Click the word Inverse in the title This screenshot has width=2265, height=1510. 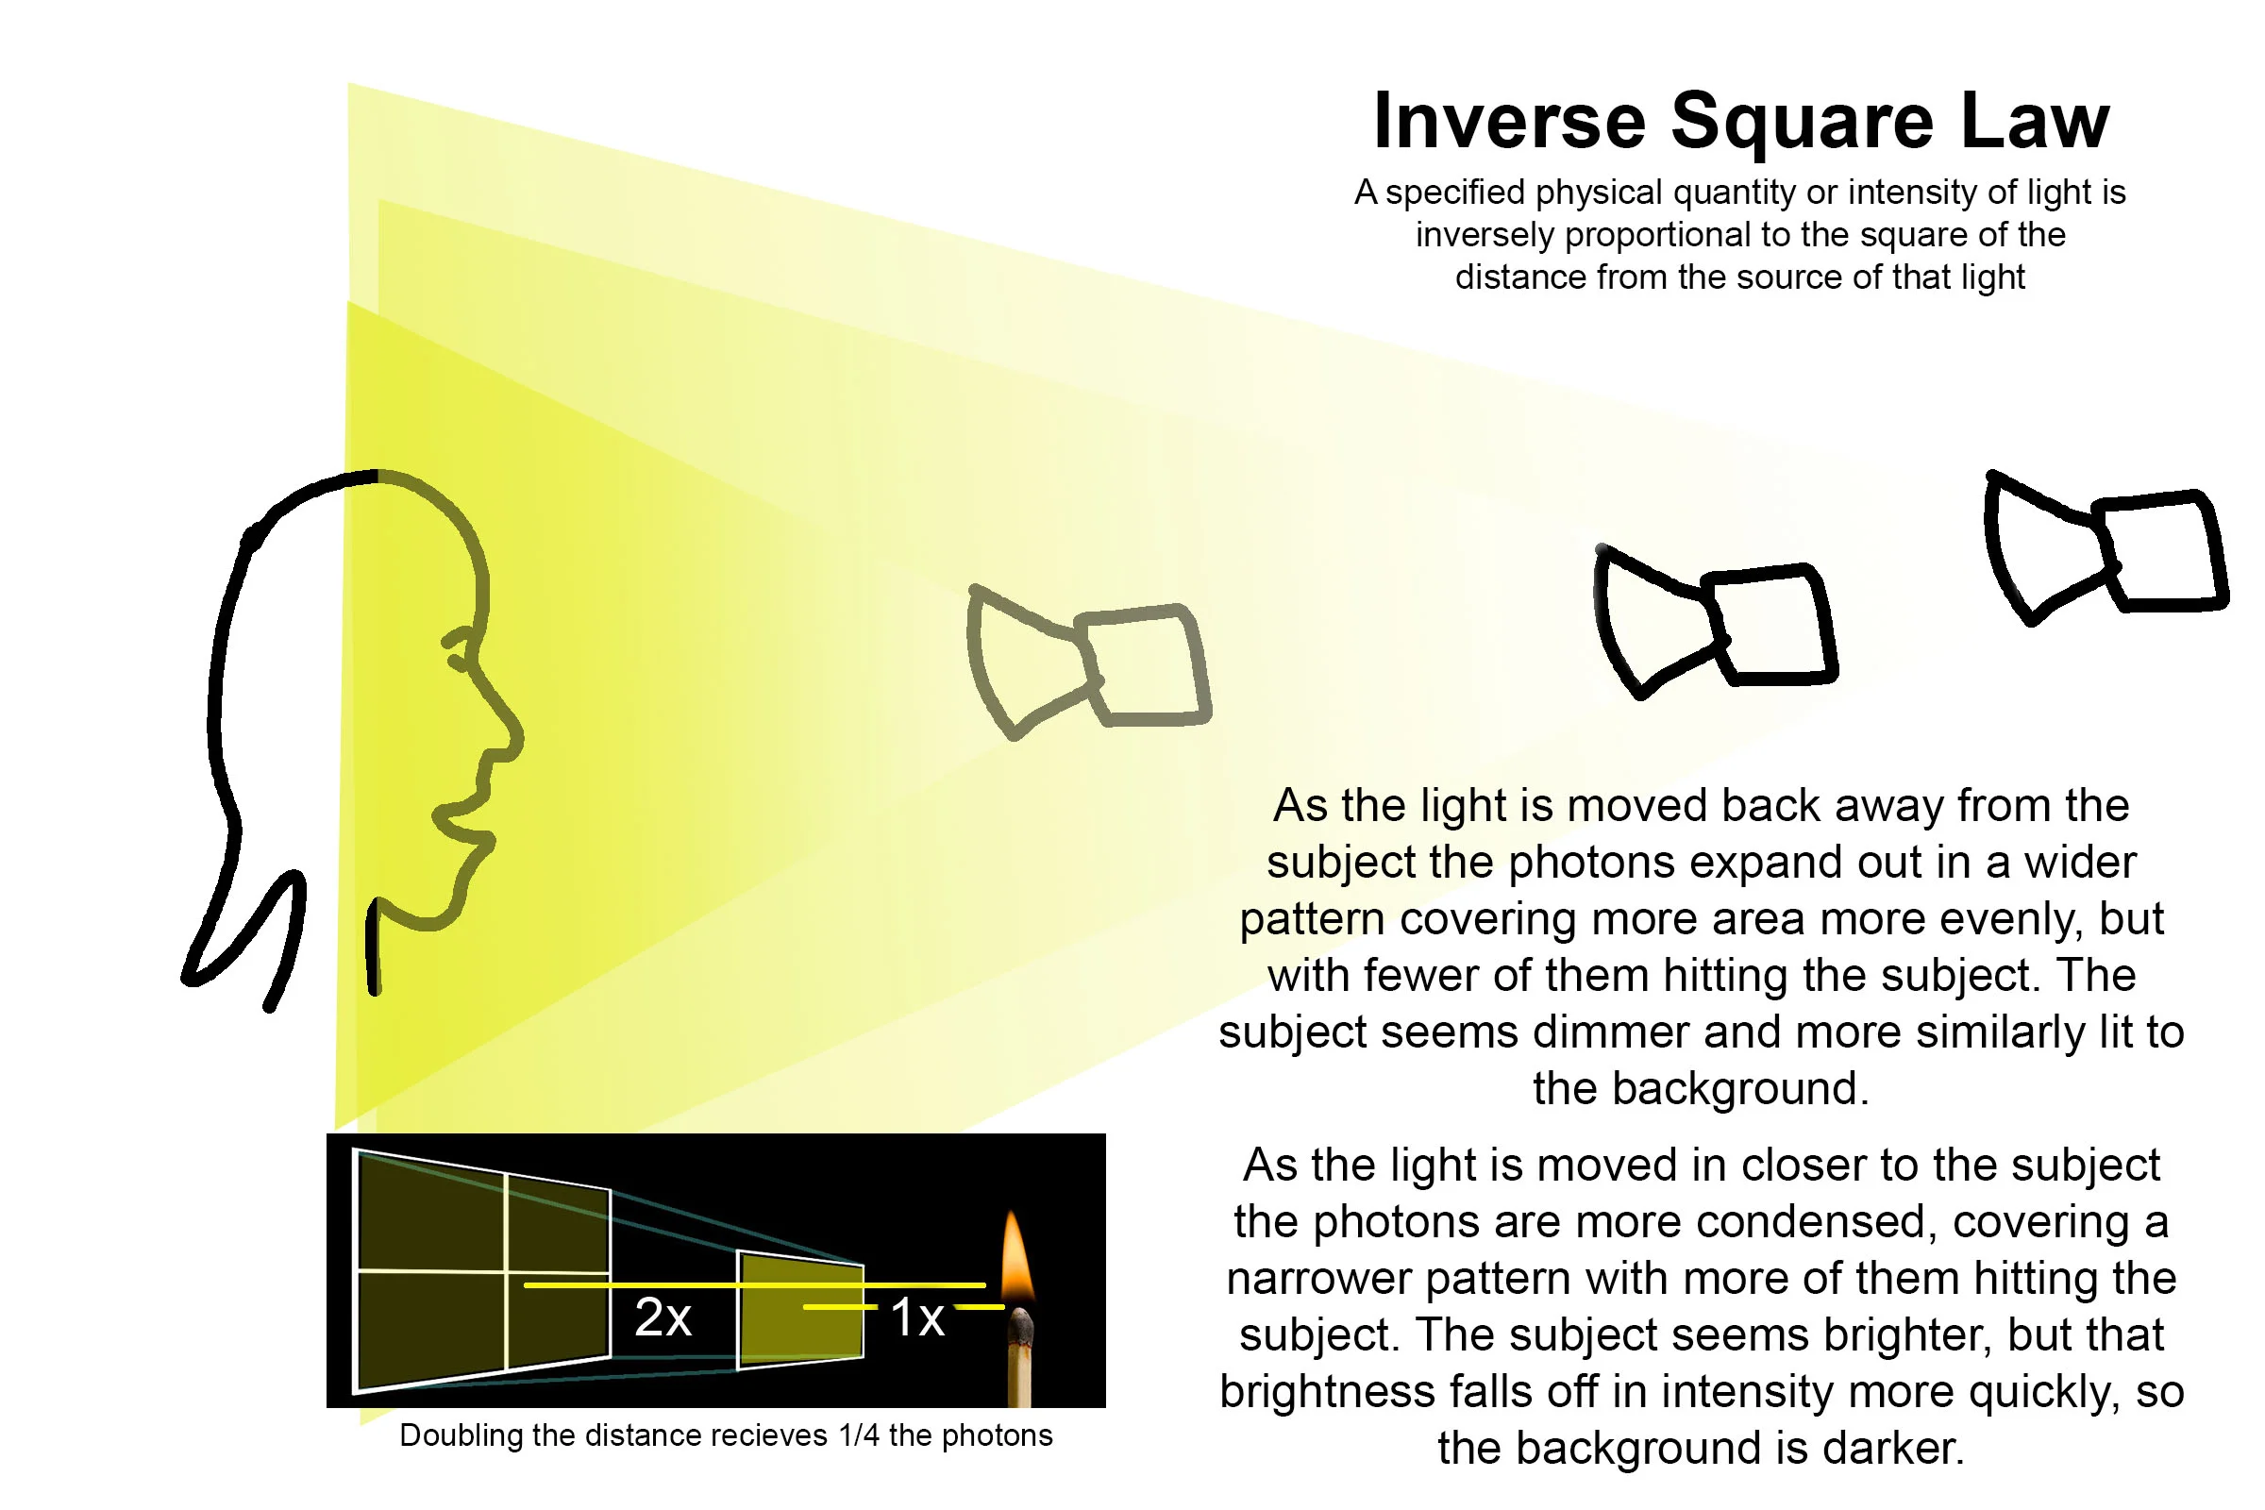point(1509,122)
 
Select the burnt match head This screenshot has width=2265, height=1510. point(1021,1329)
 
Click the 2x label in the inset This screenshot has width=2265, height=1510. point(663,1317)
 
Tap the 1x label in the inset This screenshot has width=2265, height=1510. point(916,1317)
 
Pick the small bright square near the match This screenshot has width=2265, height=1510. point(800,1310)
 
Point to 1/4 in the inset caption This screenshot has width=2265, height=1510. point(859,1435)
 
